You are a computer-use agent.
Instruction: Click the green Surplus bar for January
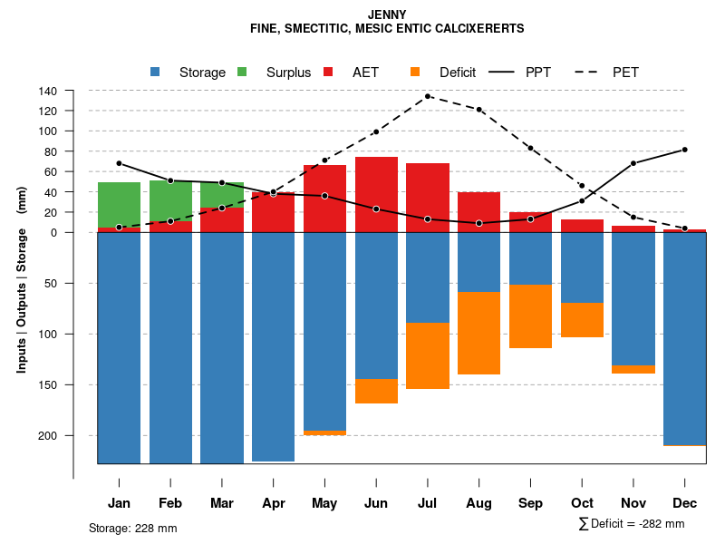pos(119,205)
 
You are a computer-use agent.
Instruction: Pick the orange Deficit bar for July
pos(428,355)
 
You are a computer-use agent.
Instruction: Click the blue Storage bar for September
pos(530,258)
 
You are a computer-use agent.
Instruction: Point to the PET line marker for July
pos(428,96)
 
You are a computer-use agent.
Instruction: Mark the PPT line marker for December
pos(684,150)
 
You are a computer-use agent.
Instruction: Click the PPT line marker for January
pos(119,163)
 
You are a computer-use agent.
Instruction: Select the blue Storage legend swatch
pos(156,73)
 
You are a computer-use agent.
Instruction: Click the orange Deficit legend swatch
pos(416,73)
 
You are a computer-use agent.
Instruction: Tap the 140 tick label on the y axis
pos(48,91)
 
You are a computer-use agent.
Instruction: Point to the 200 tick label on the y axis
pos(48,435)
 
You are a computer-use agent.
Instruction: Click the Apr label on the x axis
pos(274,503)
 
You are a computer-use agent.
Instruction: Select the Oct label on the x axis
pos(582,503)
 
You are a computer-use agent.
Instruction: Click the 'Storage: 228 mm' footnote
pos(133,528)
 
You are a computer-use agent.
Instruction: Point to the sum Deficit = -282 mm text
pos(632,524)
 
